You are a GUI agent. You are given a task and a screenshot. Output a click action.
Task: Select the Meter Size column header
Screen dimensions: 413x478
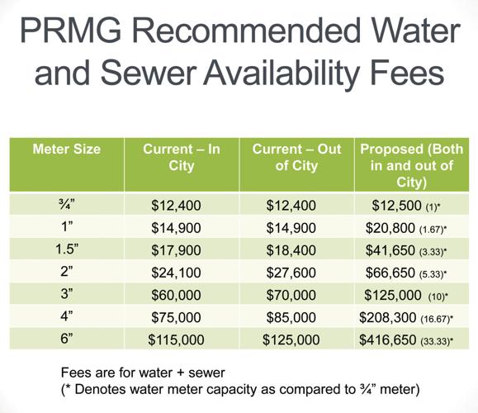tap(66, 150)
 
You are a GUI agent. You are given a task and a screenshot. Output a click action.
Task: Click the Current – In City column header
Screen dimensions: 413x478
tap(181, 157)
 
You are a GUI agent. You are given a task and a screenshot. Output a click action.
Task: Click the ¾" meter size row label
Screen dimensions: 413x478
tap(66, 203)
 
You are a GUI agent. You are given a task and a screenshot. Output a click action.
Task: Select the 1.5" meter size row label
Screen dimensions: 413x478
tap(66, 249)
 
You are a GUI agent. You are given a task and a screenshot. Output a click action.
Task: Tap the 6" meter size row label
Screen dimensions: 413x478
tap(66, 338)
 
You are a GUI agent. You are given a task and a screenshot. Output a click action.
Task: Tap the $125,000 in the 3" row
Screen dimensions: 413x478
tap(393, 293)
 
